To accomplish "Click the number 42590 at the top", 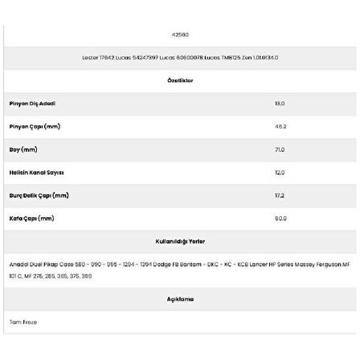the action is click(x=180, y=35).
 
